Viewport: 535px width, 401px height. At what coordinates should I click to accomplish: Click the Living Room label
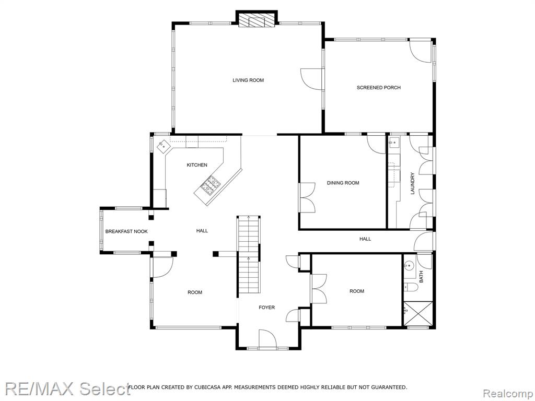(x=248, y=80)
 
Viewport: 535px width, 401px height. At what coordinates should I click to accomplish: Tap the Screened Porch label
(x=378, y=88)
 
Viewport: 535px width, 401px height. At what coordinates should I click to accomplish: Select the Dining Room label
(x=343, y=183)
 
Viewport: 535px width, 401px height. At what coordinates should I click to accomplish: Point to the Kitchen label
(x=197, y=165)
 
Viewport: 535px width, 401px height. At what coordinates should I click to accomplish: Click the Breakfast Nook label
(x=126, y=231)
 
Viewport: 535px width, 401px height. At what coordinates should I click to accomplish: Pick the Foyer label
(x=266, y=308)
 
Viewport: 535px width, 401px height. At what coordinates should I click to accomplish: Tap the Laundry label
(x=413, y=184)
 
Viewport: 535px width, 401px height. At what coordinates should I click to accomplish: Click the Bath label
(x=421, y=277)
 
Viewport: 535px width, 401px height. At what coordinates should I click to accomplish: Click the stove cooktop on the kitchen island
(x=210, y=185)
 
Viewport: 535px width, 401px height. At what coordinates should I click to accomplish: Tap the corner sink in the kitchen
(x=163, y=146)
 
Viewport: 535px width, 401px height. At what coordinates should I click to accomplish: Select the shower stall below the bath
(x=418, y=314)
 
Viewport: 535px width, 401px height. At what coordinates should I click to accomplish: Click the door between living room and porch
(x=311, y=79)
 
